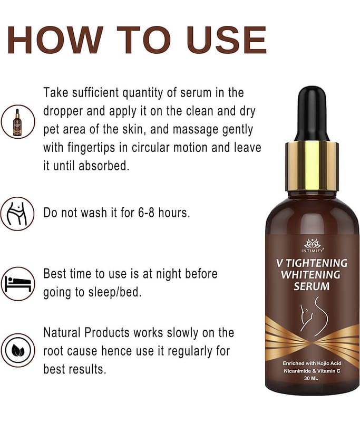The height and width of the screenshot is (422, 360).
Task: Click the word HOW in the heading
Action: tap(55, 40)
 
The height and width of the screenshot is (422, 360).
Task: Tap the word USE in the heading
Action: tap(226, 40)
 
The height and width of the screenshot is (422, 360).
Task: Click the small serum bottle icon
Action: tap(18, 122)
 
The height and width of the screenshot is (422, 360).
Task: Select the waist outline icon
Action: tap(18, 214)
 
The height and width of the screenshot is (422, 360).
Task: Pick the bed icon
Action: tap(18, 284)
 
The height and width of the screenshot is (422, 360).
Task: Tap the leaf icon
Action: tap(18, 350)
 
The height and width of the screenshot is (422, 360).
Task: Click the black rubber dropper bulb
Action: tap(312, 113)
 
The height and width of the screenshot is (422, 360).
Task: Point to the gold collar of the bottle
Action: tap(312, 166)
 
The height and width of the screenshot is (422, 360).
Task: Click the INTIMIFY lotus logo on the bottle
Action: tap(312, 246)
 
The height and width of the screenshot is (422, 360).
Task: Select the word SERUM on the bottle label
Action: tap(312, 286)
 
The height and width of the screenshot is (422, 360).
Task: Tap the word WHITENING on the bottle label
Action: tap(310, 275)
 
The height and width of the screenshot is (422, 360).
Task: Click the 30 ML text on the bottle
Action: tap(311, 378)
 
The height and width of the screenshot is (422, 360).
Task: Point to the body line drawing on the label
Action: tap(314, 316)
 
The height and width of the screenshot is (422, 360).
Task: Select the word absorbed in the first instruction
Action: tap(104, 166)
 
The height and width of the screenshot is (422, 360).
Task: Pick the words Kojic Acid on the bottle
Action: tap(329, 363)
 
